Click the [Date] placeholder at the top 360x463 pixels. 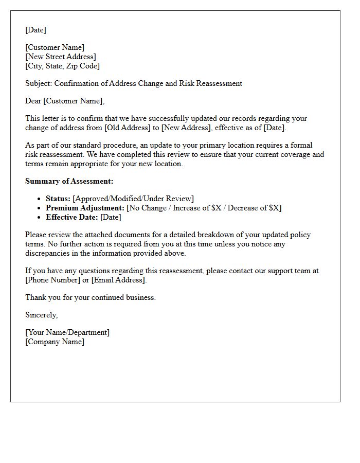tap(35, 30)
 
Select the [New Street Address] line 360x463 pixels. tap(61, 57)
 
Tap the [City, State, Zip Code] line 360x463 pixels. tap(62, 66)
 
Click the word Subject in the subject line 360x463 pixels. tap(39, 83)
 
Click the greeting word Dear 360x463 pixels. tap(33, 101)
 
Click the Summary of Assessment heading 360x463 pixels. tap(69, 181)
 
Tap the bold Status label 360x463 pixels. tap(58, 199)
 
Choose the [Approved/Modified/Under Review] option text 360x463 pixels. tap(134, 199)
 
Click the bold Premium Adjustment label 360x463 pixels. tap(85, 208)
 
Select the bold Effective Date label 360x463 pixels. tap(72, 217)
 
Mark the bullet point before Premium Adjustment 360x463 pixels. tap(40, 208)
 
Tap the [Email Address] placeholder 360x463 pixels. tap(119, 280)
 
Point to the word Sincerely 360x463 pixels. tap(42, 315)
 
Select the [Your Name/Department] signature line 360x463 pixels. tap(67, 332)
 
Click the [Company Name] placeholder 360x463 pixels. tap(55, 342)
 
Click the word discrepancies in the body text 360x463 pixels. tap(50, 253)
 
